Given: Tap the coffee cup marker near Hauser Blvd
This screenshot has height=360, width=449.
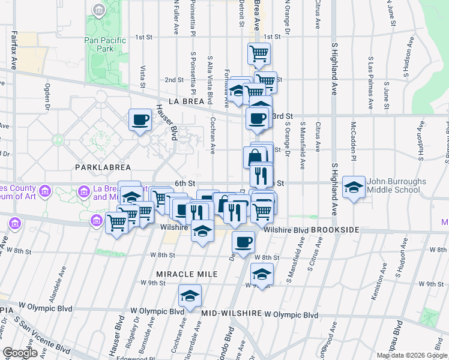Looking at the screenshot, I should point(140,119).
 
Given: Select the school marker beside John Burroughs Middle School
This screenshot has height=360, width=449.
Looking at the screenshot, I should point(354,187).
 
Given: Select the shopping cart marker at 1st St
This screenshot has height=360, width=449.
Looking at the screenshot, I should point(259,53).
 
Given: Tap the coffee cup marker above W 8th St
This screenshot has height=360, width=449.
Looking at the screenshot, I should point(244,242).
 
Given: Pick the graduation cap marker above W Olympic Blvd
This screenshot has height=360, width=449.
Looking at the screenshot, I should point(190,296).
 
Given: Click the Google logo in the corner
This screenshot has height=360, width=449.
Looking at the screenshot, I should point(20,353).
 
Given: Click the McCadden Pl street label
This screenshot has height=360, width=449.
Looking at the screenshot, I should point(354,137).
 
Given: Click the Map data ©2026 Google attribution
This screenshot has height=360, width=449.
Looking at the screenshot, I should point(411,355).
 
